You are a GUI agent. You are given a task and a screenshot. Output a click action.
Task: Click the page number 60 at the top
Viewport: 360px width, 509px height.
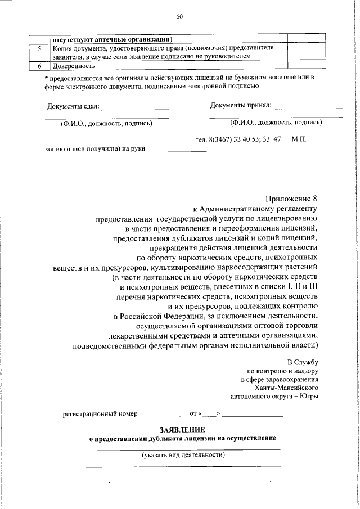click(179, 17)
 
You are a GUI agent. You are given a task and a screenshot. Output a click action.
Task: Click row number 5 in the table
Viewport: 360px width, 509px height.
click(38, 48)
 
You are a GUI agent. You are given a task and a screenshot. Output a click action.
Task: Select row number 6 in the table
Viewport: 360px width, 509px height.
click(38, 66)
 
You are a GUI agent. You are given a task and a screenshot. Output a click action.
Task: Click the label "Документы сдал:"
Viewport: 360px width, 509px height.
click(73, 106)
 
